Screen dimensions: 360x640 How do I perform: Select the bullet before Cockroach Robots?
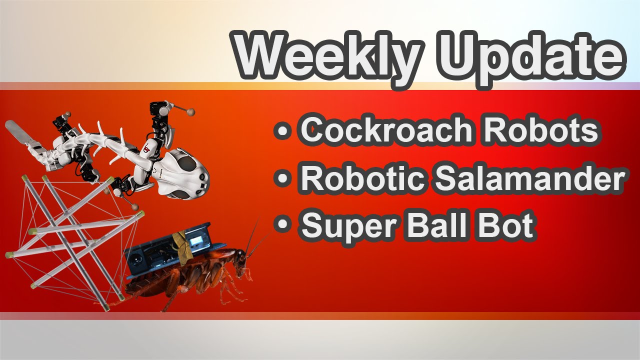coord(283,131)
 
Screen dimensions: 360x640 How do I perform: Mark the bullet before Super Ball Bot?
coord(283,225)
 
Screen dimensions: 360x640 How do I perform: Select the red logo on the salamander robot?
coord(147,147)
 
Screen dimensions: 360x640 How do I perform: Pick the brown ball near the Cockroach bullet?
coord(191,112)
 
